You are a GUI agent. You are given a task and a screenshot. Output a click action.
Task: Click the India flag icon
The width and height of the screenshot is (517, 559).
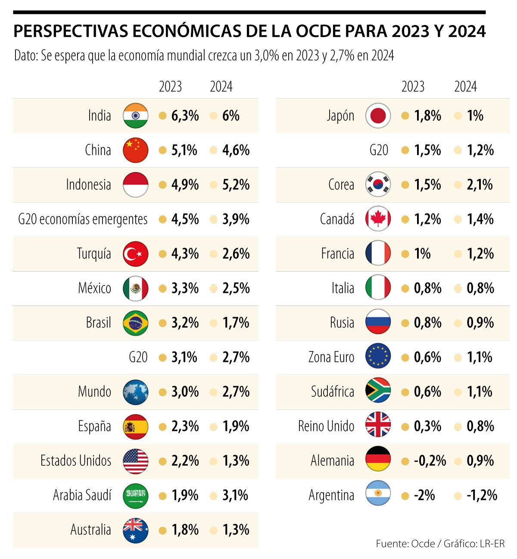coord(135,116)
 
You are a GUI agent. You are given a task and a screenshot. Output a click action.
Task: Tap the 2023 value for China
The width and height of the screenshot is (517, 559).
coord(184,150)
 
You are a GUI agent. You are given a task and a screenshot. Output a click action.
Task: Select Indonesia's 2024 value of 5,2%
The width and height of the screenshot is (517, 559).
coord(236,184)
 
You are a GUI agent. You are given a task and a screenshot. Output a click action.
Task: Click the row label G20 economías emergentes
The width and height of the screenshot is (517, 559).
coord(83,219)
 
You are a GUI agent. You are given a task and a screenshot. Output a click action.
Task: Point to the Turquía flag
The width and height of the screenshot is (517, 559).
coord(135,254)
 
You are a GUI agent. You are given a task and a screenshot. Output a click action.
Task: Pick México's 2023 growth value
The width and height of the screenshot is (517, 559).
coord(185,288)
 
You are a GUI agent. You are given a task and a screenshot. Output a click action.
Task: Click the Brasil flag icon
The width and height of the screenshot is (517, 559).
coord(135,323)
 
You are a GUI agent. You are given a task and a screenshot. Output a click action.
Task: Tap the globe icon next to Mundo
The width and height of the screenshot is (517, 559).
coord(135,392)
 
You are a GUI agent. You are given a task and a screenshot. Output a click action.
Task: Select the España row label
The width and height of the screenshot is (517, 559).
coord(94,426)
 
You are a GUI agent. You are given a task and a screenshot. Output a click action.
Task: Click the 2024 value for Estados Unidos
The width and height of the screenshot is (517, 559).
coord(236,461)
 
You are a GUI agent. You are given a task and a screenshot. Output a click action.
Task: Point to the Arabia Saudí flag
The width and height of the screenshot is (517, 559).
coord(135,495)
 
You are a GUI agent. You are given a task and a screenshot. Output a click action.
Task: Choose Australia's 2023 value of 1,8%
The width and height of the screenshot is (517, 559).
coord(185,530)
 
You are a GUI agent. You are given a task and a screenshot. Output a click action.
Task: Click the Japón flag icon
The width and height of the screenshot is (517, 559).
coord(378,116)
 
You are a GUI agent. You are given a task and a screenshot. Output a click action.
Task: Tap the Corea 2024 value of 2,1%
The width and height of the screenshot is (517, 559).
coord(480,184)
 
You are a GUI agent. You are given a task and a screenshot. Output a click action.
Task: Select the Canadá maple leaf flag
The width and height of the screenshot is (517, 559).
coord(378,219)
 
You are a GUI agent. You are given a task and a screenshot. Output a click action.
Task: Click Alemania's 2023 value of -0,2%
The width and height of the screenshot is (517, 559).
coord(430,461)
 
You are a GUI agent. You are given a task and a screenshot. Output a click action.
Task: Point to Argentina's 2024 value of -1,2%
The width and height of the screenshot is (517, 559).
coord(482,495)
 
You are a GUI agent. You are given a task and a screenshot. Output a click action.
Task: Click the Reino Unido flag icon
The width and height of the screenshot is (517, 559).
coord(378,426)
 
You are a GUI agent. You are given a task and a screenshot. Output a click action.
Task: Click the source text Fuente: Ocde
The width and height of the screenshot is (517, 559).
coord(405,543)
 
